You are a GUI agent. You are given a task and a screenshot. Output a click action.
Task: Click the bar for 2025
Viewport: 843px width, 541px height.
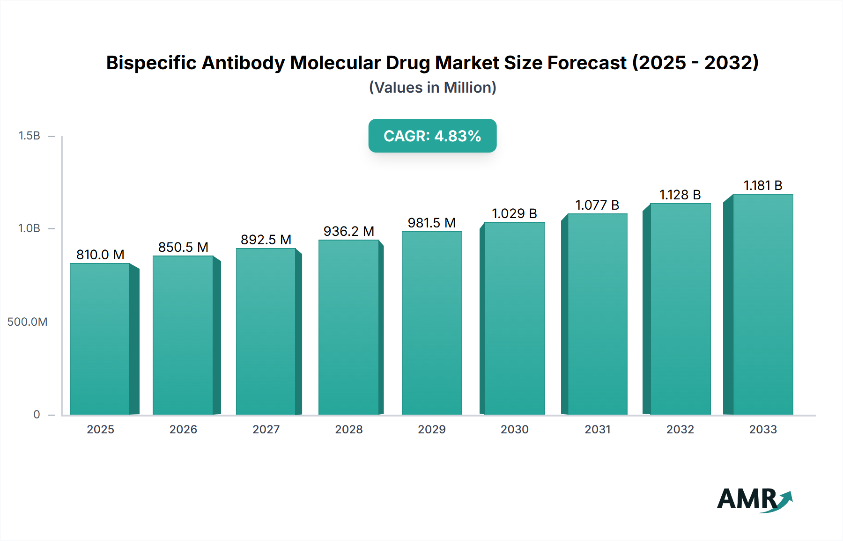tap(100, 339)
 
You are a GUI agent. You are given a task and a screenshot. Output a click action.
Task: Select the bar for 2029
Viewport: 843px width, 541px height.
tap(431, 323)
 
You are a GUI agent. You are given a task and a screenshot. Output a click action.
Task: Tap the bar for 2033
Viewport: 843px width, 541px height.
tap(763, 304)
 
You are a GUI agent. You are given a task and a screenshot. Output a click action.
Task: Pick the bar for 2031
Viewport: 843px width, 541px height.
tap(597, 314)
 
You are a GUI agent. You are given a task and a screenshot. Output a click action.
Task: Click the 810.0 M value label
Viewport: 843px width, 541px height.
tap(100, 255)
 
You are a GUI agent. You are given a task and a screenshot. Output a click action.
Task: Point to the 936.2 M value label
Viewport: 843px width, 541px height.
tap(348, 231)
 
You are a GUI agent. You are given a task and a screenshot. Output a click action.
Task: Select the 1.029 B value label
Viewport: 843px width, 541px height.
tap(514, 213)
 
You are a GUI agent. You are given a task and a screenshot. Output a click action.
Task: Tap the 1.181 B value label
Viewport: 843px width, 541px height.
tap(763, 185)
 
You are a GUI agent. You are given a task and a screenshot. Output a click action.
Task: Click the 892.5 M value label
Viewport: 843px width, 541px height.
tap(266, 240)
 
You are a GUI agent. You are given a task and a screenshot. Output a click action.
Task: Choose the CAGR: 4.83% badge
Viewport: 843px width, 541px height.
tap(432, 136)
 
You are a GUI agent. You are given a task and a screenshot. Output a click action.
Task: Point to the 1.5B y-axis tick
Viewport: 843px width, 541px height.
tap(30, 136)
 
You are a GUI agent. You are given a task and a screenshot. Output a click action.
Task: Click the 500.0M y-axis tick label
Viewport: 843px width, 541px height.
tap(27, 322)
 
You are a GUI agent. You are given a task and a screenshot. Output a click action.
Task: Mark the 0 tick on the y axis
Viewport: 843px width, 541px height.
tap(37, 415)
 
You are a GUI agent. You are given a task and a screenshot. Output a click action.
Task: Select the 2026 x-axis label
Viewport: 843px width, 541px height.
tap(183, 430)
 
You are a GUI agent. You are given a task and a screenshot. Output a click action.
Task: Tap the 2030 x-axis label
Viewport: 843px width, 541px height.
tap(514, 430)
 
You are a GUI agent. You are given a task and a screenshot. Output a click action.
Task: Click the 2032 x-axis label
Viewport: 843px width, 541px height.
tap(680, 430)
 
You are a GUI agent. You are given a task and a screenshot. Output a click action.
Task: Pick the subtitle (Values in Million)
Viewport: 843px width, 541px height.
tap(432, 88)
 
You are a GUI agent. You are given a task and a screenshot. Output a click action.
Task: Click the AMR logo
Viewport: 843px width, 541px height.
tap(754, 499)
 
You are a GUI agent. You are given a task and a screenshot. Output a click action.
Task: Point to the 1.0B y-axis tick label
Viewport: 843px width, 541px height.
tap(30, 228)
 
